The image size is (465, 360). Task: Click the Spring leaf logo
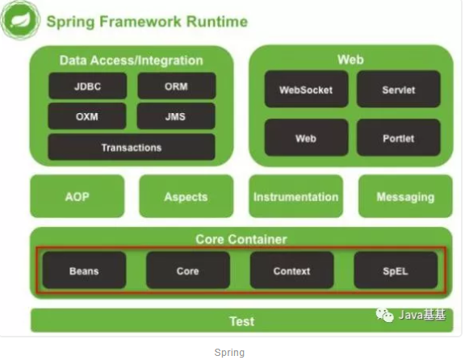(x=20, y=20)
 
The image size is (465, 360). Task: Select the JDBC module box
(x=87, y=86)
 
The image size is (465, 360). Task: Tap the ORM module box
(x=177, y=86)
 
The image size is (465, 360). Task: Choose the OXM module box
(x=87, y=116)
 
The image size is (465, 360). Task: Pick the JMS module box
(x=176, y=116)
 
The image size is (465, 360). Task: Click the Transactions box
(x=132, y=147)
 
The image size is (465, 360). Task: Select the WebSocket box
(x=306, y=89)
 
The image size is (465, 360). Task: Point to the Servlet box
(x=399, y=89)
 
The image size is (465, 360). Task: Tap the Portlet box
(x=399, y=137)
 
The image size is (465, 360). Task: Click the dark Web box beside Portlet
(x=306, y=137)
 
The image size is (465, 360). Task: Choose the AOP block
(x=77, y=196)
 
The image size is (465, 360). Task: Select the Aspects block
(x=186, y=196)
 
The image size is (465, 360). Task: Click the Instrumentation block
(x=296, y=196)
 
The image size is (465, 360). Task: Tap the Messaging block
(x=405, y=196)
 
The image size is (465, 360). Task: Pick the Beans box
(x=84, y=270)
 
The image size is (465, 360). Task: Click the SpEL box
(x=396, y=270)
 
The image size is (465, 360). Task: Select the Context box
(x=291, y=270)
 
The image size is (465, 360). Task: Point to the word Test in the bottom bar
(x=242, y=321)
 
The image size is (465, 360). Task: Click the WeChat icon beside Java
(x=384, y=315)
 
